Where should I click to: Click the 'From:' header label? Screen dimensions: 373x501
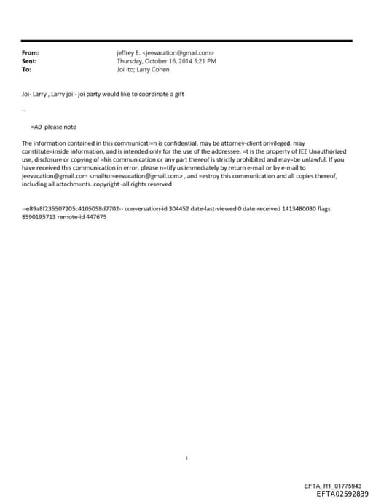[30, 52]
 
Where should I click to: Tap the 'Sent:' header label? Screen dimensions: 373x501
[29, 61]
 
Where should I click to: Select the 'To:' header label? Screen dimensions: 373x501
[26, 70]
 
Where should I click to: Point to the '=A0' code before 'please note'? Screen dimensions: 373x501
[36, 127]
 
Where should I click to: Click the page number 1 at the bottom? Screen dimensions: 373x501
[186, 458]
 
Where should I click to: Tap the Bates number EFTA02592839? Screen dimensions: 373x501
[337, 494]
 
